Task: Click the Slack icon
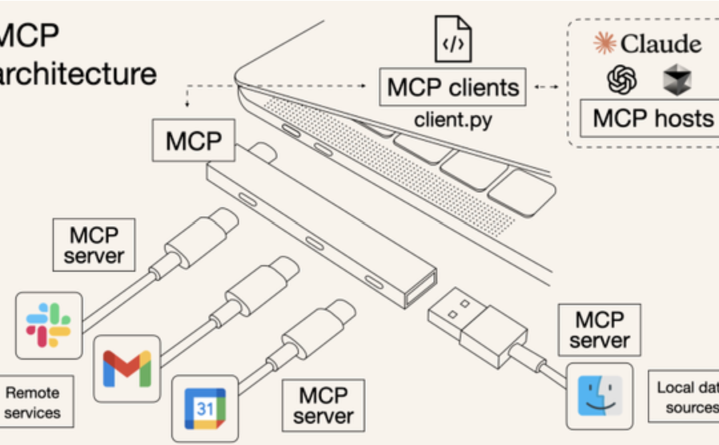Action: point(49,325)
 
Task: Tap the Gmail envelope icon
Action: point(127,368)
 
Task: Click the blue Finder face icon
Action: point(599,396)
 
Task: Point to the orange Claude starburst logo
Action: point(604,43)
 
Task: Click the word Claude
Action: point(660,45)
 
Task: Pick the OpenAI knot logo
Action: point(622,80)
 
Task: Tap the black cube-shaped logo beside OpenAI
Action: point(677,80)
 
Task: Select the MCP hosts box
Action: point(652,119)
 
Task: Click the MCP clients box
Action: point(453,87)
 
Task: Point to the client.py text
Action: point(453,120)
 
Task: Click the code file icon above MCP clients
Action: point(453,39)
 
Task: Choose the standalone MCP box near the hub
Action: point(193,141)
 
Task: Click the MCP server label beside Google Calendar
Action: point(324,406)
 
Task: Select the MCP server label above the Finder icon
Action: point(599,330)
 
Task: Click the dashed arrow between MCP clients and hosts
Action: point(546,87)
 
